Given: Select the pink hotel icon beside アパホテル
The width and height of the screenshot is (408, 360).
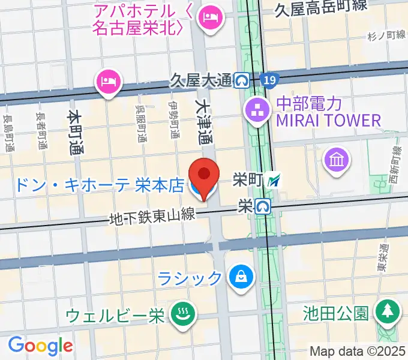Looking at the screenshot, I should point(209,14).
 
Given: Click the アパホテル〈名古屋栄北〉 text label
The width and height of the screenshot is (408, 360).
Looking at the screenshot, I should point(137,19).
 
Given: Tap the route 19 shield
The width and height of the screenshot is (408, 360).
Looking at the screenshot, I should point(270,79).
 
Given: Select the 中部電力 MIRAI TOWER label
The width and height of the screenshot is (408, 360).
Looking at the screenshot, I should point(328,112).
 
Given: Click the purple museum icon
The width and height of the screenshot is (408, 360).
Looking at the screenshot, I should point(334,160).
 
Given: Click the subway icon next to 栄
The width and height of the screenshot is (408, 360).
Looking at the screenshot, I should point(262,206).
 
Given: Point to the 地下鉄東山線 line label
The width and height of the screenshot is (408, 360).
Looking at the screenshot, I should point(152,215).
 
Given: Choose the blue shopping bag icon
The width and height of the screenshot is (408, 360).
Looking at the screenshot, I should point(241,277).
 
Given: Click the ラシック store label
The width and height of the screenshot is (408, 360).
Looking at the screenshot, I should point(190,278).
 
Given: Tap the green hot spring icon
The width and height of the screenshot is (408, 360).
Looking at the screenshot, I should point(179,313).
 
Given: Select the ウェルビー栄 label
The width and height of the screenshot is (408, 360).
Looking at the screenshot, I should point(114,315).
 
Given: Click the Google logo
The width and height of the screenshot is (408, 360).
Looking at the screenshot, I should point(40,345).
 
